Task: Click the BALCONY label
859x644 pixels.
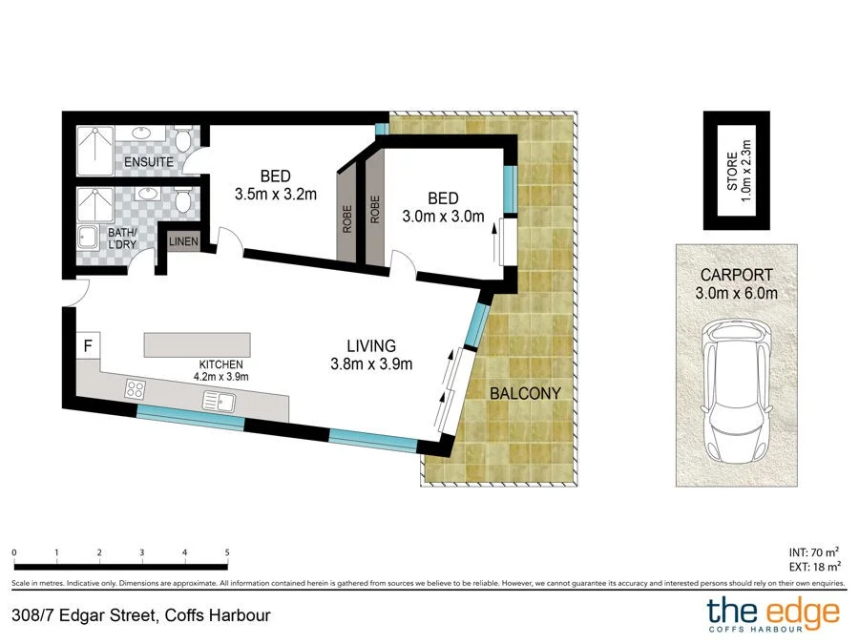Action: tap(525, 393)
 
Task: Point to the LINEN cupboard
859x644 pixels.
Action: tap(183, 242)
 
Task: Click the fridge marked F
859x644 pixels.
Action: tap(87, 345)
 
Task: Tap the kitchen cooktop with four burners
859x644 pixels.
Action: tap(135, 388)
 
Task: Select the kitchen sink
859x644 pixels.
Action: tap(219, 401)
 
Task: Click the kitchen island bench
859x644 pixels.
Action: tap(198, 343)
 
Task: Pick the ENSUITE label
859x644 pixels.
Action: tap(148, 162)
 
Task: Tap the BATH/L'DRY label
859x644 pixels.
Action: tap(121, 239)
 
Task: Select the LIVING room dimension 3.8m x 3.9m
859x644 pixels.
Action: tap(370, 363)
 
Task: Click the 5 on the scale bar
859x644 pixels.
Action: tap(227, 552)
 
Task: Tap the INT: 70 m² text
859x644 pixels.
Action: tap(813, 551)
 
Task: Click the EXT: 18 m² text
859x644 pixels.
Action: tap(812, 567)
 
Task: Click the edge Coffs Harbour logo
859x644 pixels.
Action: tap(772, 614)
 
